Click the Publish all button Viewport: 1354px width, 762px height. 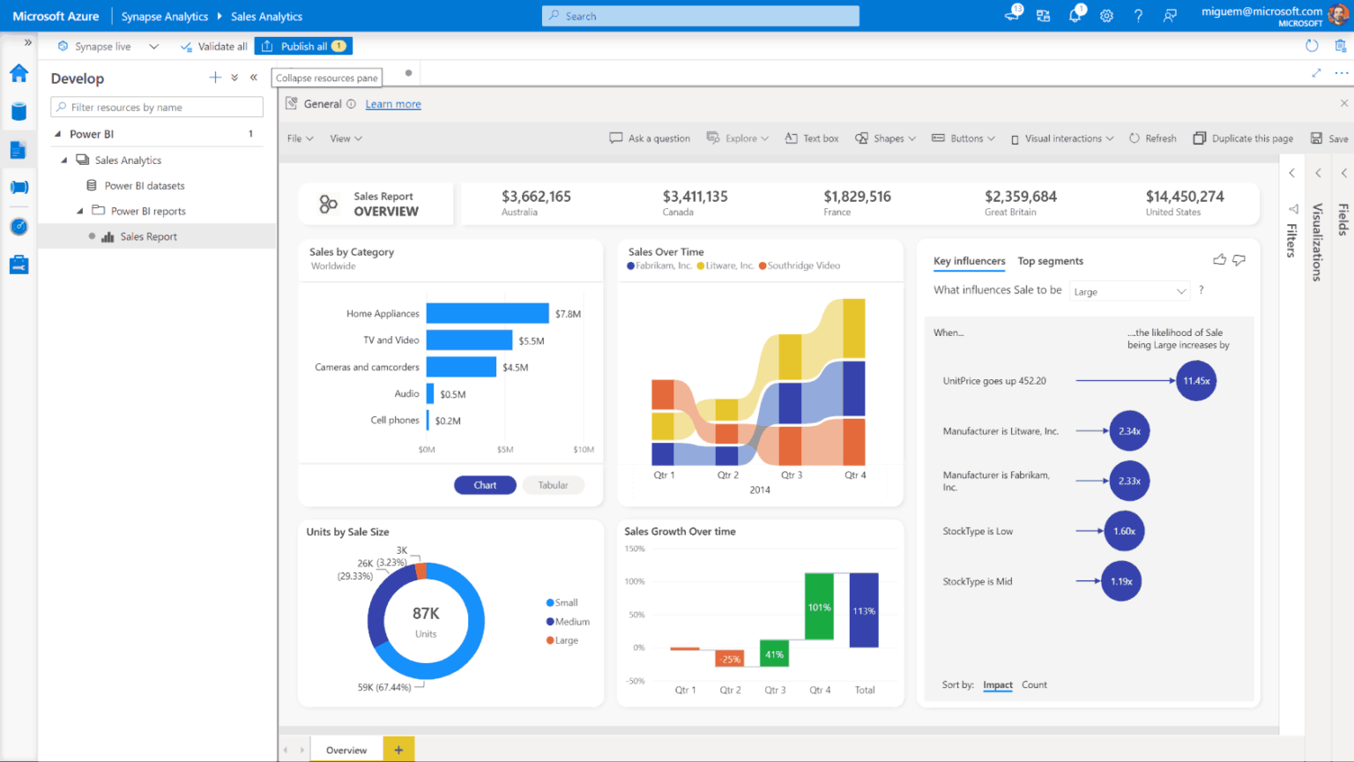303,46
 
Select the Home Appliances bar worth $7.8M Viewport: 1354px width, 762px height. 487,313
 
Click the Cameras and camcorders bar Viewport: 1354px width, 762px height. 461,367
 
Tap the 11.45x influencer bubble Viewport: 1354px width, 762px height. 1196,381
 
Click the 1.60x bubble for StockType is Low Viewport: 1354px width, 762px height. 1124,531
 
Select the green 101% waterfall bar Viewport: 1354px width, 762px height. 819,607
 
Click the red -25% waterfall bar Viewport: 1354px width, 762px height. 729,658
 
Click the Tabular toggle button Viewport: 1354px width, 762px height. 553,485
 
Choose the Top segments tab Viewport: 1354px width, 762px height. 1050,261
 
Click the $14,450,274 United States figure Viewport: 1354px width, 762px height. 1184,197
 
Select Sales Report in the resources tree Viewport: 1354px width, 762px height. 148,236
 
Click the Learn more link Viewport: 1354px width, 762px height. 393,104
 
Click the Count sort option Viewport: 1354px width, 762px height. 1034,684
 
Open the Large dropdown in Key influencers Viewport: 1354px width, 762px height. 1129,292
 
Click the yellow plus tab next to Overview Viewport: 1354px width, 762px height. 398,750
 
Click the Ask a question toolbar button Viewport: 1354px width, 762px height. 650,138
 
